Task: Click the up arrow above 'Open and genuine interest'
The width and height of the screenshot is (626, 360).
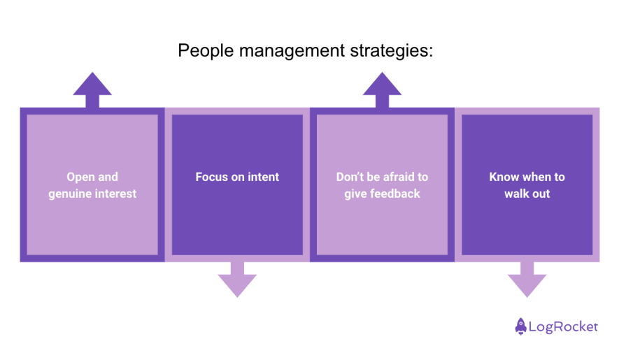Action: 92,89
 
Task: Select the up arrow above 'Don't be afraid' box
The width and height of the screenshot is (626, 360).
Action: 382,89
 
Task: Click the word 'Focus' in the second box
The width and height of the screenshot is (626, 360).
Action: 212,177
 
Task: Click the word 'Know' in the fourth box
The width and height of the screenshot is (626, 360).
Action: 504,177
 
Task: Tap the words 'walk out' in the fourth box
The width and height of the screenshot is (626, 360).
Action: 527,194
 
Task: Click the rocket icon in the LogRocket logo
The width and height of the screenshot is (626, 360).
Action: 520,326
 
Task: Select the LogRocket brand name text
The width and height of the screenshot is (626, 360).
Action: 563,326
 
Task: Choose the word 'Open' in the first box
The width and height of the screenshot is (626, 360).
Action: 80,177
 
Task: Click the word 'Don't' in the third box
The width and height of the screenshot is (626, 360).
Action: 350,177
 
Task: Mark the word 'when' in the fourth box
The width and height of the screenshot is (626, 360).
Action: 536,177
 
